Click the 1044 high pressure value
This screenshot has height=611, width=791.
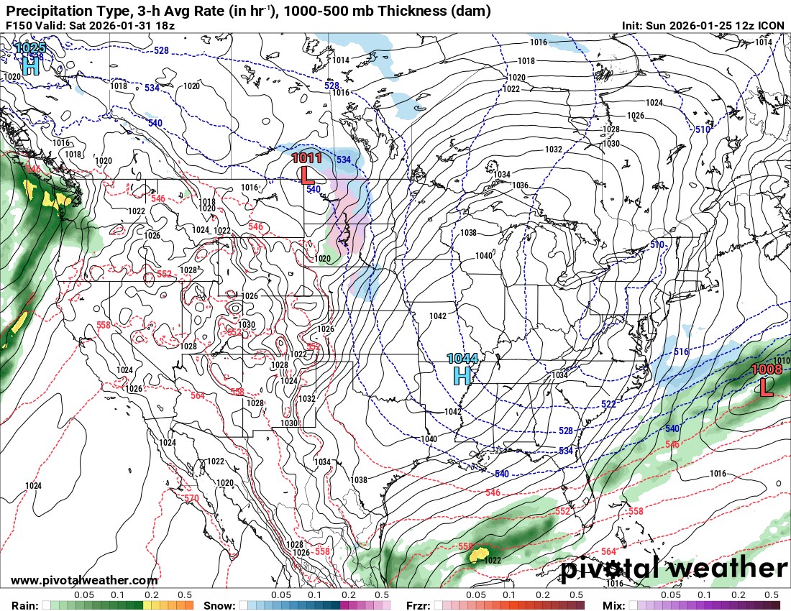(x=462, y=358)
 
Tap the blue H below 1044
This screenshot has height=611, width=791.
(x=462, y=375)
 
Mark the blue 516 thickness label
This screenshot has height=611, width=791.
(x=681, y=352)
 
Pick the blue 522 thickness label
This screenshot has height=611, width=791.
(x=608, y=405)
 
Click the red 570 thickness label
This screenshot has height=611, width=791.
(x=191, y=498)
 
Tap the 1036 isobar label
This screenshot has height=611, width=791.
(x=520, y=185)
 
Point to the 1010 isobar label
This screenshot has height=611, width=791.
(x=782, y=360)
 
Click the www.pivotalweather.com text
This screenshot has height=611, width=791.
(x=84, y=581)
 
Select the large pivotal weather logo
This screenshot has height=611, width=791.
(x=674, y=568)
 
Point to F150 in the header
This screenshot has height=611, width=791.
(x=18, y=26)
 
